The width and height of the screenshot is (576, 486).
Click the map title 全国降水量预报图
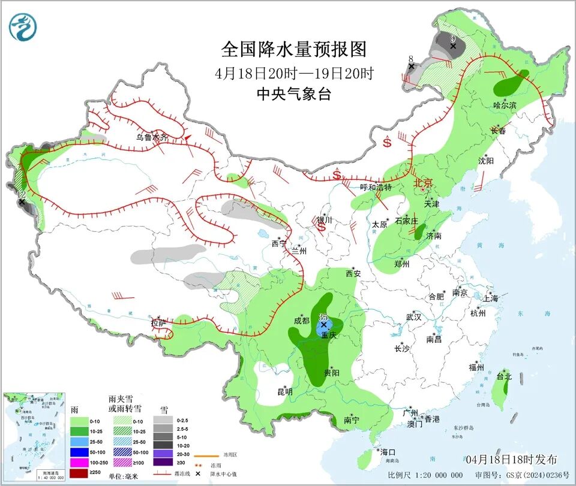point(294,49)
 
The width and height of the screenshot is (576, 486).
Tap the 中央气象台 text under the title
point(294,93)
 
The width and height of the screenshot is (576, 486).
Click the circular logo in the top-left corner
point(23,26)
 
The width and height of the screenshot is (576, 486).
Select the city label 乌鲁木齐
point(152,137)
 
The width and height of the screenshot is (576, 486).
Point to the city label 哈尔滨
point(505,105)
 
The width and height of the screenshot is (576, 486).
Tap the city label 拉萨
point(158,324)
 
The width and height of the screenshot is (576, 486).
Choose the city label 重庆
point(328,336)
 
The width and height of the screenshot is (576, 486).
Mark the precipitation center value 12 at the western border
point(21,195)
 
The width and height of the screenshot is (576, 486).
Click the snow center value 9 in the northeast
point(453,38)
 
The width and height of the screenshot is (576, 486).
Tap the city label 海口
point(388,451)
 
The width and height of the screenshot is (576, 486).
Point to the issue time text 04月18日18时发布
point(511,459)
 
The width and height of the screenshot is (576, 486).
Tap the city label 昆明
point(284,392)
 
